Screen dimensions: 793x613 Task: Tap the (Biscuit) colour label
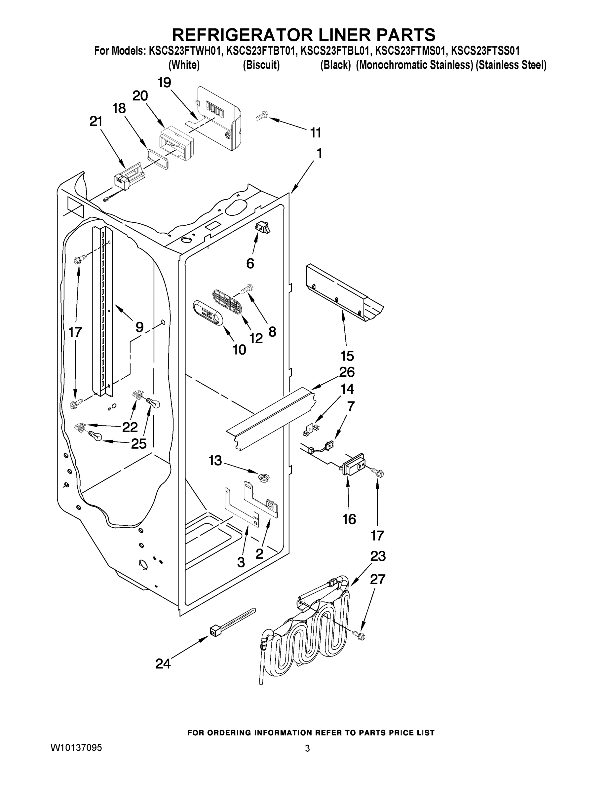click(261, 65)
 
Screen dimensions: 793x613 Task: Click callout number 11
click(315, 133)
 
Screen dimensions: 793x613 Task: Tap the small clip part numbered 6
click(263, 228)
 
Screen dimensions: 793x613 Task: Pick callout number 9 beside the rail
click(139, 327)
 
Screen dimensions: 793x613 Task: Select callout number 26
click(347, 372)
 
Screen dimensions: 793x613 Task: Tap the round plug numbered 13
click(264, 477)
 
